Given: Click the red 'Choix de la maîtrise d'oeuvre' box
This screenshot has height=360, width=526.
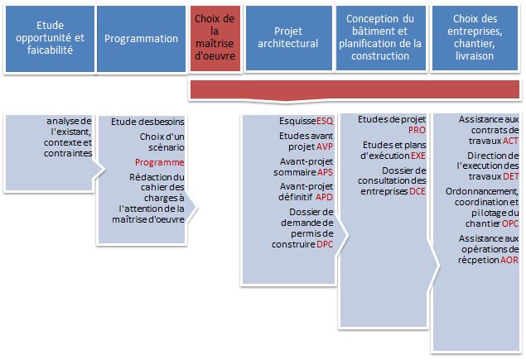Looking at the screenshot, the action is (215, 38).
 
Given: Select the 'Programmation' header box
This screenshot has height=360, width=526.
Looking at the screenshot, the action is (141, 39).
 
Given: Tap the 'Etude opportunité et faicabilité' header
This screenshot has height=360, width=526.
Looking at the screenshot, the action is (50, 39).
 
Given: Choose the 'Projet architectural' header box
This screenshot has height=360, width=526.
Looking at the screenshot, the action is (288, 38).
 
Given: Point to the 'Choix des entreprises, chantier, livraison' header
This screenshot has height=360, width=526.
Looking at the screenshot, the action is (475, 38).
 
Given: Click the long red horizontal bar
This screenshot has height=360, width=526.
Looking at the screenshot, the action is (355, 90).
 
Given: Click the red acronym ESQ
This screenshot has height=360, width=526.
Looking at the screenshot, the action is (325, 121).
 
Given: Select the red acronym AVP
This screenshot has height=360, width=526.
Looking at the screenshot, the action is (325, 146).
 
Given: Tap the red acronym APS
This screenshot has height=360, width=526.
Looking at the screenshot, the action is (325, 172).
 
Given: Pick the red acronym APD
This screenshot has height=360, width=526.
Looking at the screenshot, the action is (324, 197).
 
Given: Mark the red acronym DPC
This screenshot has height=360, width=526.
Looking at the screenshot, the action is (325, 244).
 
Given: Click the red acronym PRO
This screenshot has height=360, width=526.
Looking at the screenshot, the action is (417, 130).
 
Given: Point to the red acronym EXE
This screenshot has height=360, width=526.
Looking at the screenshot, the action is (418, 156).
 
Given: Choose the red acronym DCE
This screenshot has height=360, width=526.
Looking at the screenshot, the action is (417, 191).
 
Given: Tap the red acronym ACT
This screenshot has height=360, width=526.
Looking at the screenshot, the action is (510, 141).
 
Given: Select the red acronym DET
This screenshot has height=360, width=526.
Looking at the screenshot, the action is (511, 176).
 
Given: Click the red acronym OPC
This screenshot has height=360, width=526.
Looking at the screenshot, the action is (510, 223).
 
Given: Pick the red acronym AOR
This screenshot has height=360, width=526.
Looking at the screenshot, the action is (509, 260).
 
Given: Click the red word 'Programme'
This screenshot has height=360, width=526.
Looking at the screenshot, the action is (159, 162).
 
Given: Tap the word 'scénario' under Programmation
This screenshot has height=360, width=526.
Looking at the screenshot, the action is (166, 147).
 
